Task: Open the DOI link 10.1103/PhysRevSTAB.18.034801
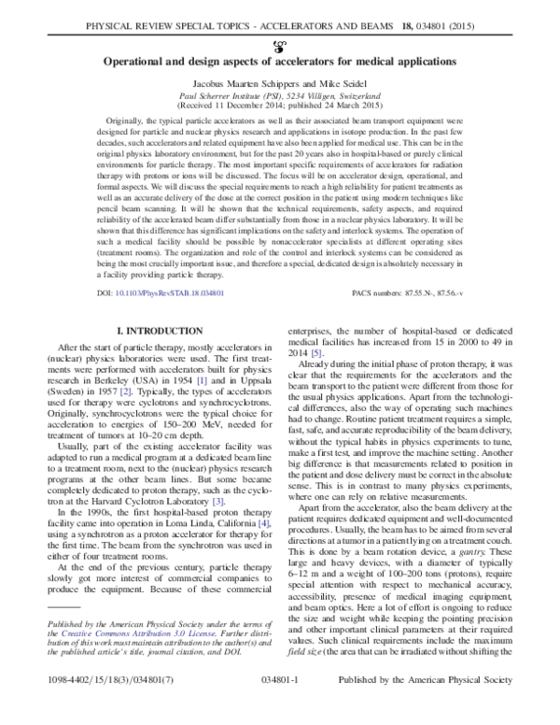(x=161, y=292)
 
